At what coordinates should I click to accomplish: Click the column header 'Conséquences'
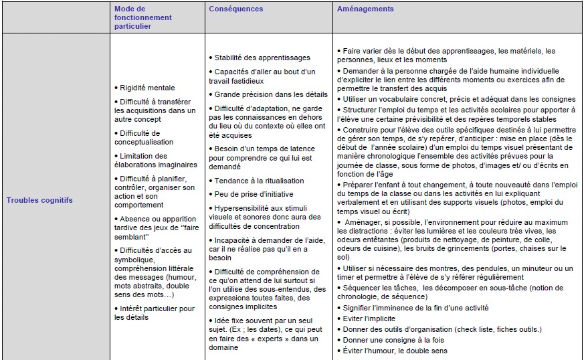coord(235,9)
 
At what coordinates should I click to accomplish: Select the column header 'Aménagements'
coord(365,9)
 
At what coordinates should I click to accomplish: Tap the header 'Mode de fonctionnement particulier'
coord(142,17)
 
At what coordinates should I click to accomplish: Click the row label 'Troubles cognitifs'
coord(40,199)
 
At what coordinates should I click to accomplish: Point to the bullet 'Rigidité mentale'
coord(147,88)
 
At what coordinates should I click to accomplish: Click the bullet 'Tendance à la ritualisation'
coord(259,181)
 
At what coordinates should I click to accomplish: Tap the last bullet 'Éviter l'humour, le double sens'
coord(395,351)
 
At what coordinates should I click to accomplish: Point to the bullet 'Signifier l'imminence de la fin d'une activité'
coord(415,308)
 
